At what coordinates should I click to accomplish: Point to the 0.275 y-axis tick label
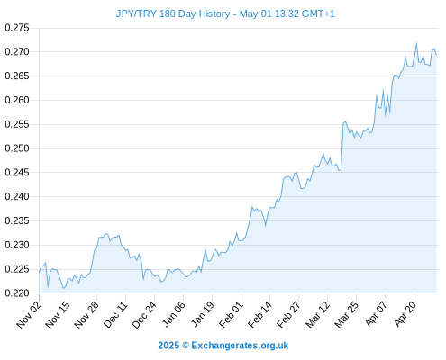coord(17,28)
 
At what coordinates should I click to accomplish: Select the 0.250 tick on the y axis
coord(17,148)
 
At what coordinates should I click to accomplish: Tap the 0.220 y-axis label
coord(17,293)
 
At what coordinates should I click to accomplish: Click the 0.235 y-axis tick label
coord(17,220)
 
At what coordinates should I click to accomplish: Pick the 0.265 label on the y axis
coord(17,76)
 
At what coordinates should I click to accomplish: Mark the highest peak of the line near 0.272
coord(416,43)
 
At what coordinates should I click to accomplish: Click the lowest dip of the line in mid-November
coord(63,289)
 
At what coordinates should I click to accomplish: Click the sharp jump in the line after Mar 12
coord(342,147)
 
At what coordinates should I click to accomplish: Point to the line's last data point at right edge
coord(436,55)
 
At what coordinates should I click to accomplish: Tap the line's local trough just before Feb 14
coord(266,226)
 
